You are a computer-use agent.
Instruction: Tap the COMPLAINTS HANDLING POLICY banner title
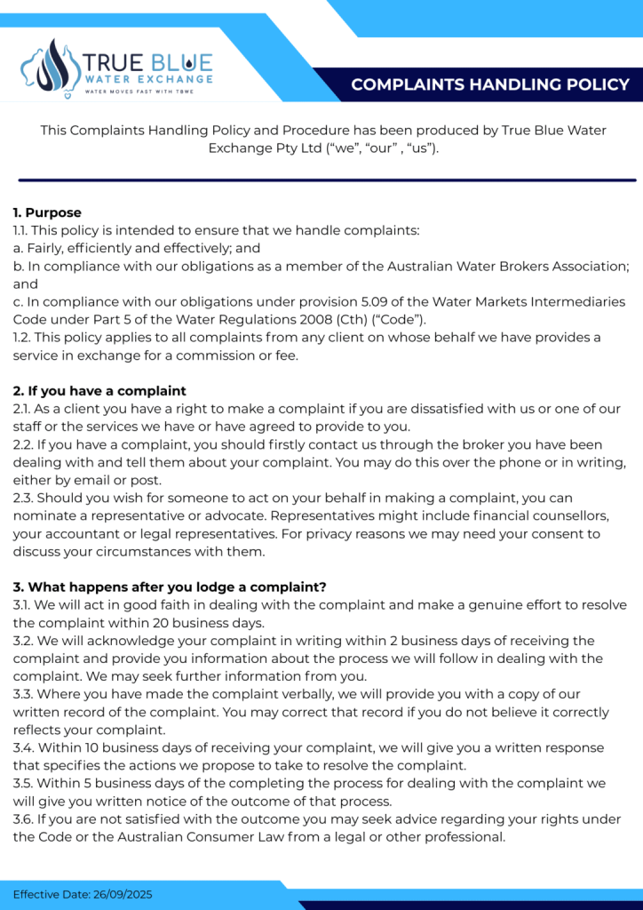point(490,85)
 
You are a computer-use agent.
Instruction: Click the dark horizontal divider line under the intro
point(321,180)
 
